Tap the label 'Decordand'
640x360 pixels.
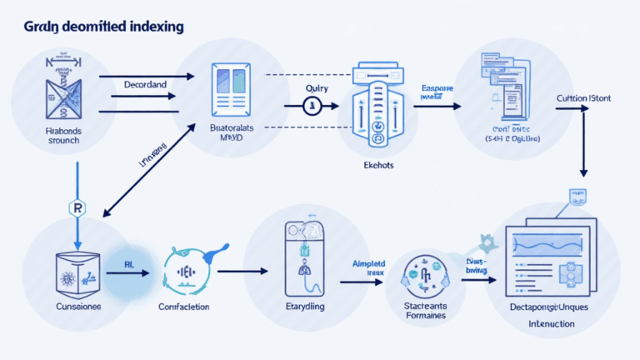[x=146, y=84]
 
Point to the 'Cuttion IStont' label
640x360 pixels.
[x=583, y=98]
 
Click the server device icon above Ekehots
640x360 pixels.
[x=377, y=106]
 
